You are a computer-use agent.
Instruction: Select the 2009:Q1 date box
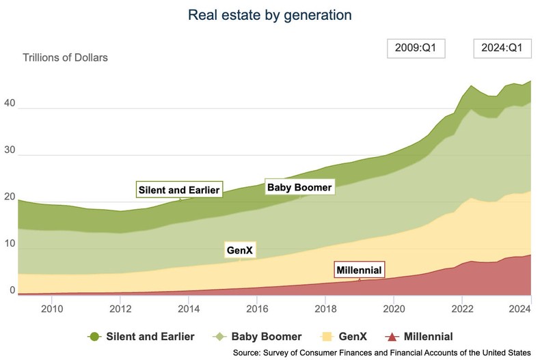coord(416,49)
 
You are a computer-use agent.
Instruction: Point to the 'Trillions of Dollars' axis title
coord(65,57)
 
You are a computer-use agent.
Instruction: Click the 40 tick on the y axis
coord(10,103)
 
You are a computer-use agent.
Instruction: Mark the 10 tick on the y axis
coord(10,244)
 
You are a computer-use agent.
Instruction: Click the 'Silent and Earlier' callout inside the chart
coord(180,189)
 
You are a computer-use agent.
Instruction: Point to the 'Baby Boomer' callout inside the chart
coord(299,186)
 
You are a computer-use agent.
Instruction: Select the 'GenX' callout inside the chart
coord(240,251)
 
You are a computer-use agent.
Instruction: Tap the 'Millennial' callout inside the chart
coord(359,270)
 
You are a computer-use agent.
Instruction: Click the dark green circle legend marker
coord(95,336)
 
